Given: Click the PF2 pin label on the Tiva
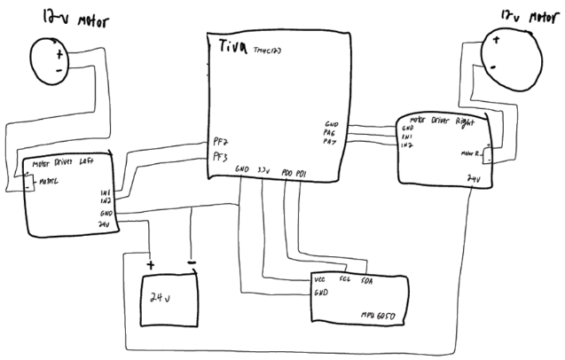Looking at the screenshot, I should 220,140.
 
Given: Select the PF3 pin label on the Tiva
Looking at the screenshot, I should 220,157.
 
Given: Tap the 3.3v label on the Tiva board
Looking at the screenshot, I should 263,168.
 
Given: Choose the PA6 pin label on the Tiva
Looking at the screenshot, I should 331,133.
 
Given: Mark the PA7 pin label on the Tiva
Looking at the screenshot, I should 331,141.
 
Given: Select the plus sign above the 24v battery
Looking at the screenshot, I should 151,264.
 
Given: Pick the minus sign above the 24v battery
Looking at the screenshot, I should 192,262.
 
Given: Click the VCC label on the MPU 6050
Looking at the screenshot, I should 320,280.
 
